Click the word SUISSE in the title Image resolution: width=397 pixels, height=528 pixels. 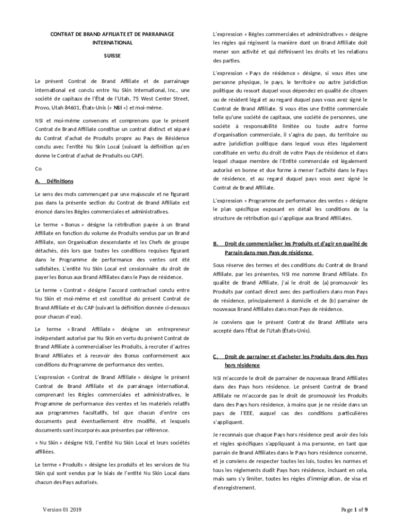[112, 55]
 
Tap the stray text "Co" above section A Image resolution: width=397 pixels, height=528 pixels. [38, 169]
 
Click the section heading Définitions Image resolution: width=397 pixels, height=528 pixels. [60, 181]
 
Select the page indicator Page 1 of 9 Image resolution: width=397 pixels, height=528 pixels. [354, 510]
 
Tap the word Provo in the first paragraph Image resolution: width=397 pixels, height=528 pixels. [43, 108]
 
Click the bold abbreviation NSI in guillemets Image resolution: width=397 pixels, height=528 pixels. [118, 108]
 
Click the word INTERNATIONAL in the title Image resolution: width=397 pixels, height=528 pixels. [112, 43]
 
